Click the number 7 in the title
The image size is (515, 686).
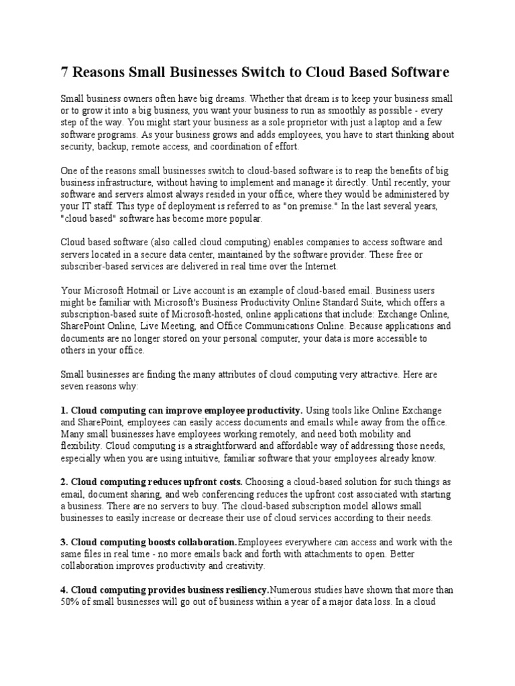coord(66,72)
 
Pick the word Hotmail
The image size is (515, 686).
coord(147,291)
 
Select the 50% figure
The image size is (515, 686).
coord(70,602)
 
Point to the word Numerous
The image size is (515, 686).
coord(293,590)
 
